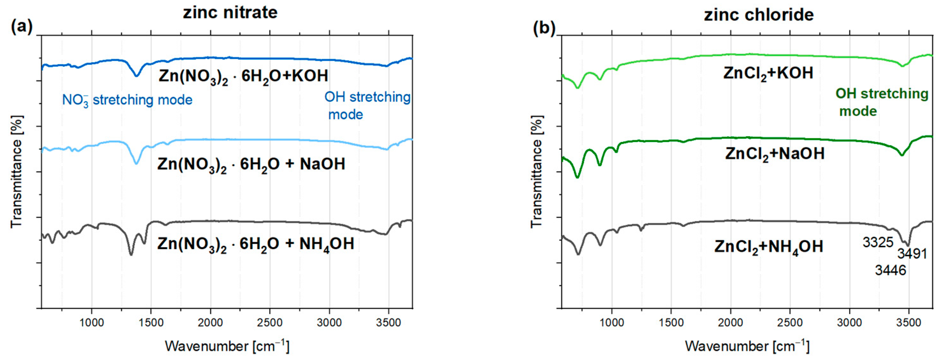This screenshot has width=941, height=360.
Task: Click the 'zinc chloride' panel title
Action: [759, 15]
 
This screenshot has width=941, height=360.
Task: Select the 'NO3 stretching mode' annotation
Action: [127, 100]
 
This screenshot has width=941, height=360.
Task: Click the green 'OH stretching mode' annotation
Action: [881, 102]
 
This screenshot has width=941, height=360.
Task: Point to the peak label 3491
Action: [912, 253]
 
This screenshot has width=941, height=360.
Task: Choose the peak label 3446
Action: [890, 270]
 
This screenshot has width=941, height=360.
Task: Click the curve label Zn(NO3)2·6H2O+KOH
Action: [243, 76]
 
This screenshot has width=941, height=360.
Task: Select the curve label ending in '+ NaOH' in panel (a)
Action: [251, 164]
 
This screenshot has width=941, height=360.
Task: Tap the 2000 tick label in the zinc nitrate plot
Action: [211, 322]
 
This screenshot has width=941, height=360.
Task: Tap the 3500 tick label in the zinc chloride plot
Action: [909, 322]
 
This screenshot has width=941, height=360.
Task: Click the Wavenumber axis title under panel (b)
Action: [747, 346]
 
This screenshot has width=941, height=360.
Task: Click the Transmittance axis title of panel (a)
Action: [17, 172]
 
